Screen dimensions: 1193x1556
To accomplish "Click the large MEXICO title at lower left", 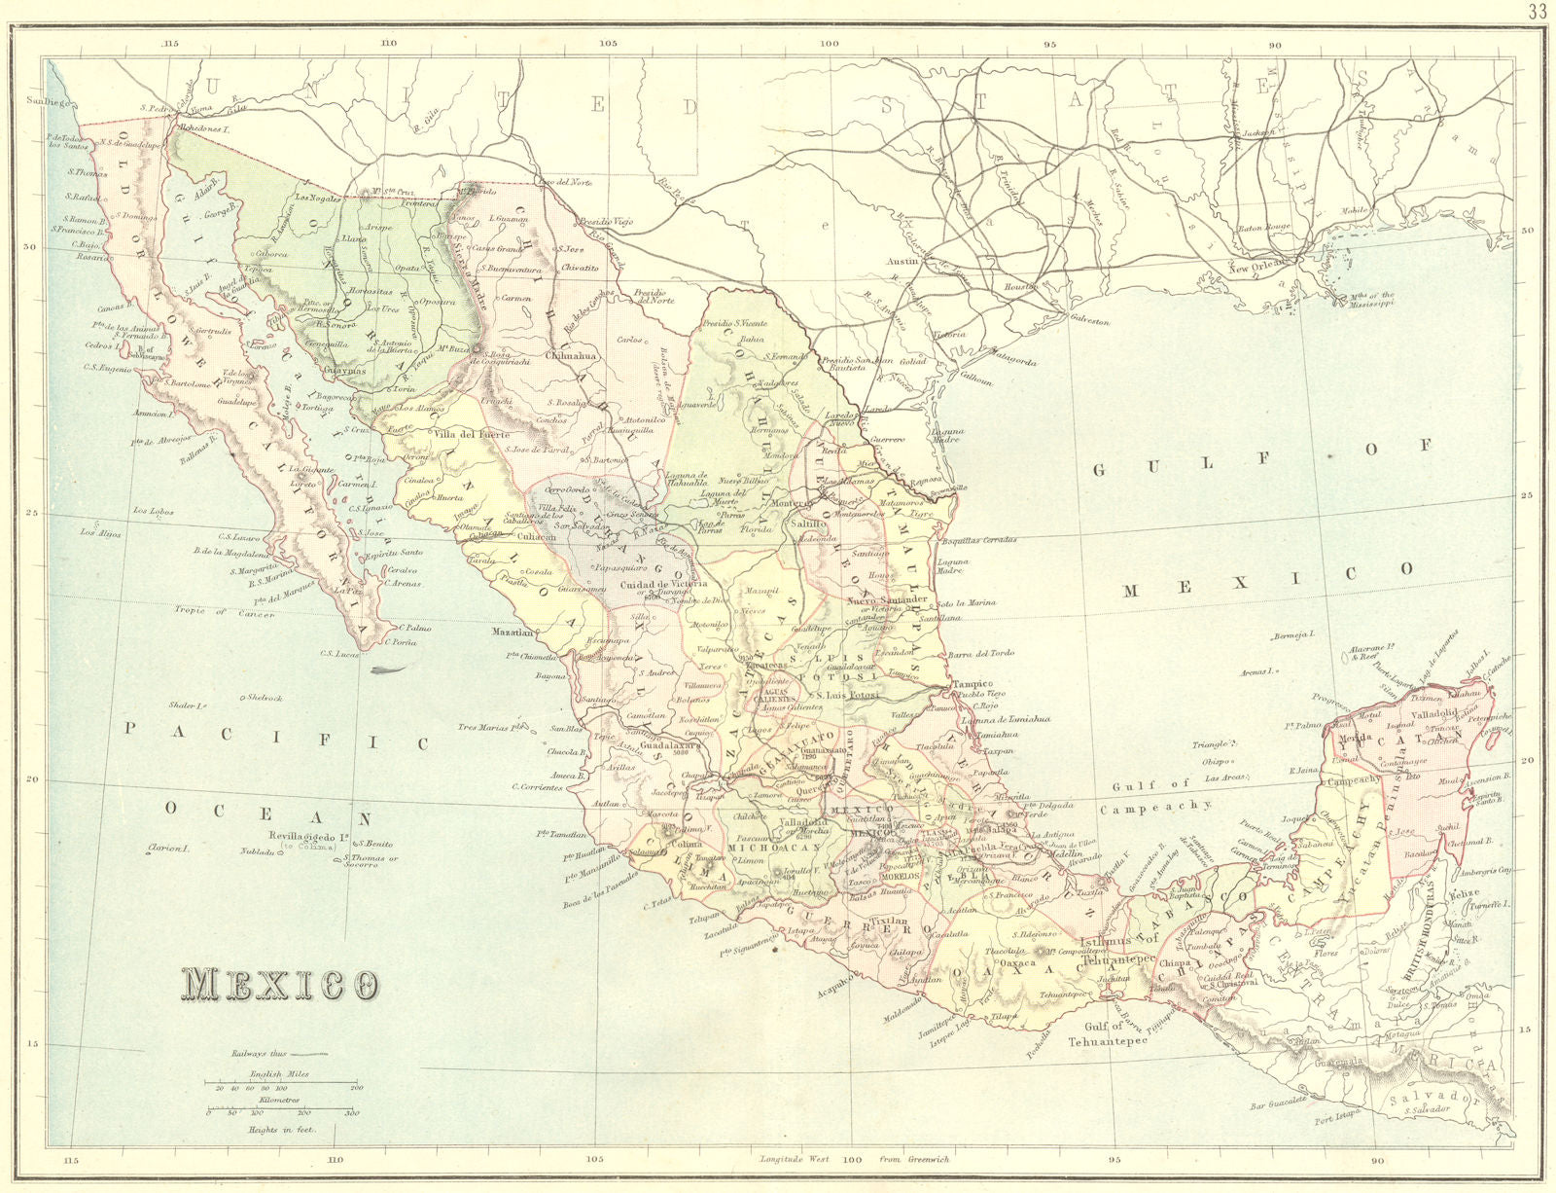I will [279, 985].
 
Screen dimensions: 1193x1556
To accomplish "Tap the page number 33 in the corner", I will [1538, 12].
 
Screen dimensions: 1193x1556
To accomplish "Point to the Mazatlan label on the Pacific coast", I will [513, 632].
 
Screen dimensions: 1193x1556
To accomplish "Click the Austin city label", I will [903, 262].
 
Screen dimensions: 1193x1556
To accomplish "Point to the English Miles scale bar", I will [282, 1082].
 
